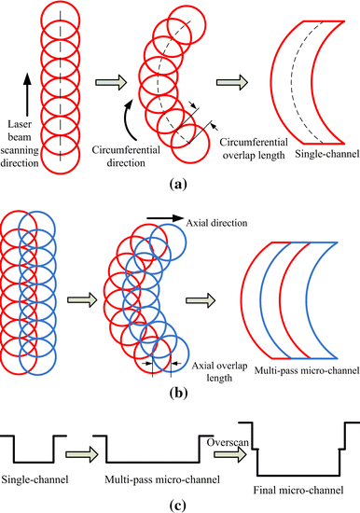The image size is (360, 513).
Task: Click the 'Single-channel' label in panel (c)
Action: click(x=35, y=476)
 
